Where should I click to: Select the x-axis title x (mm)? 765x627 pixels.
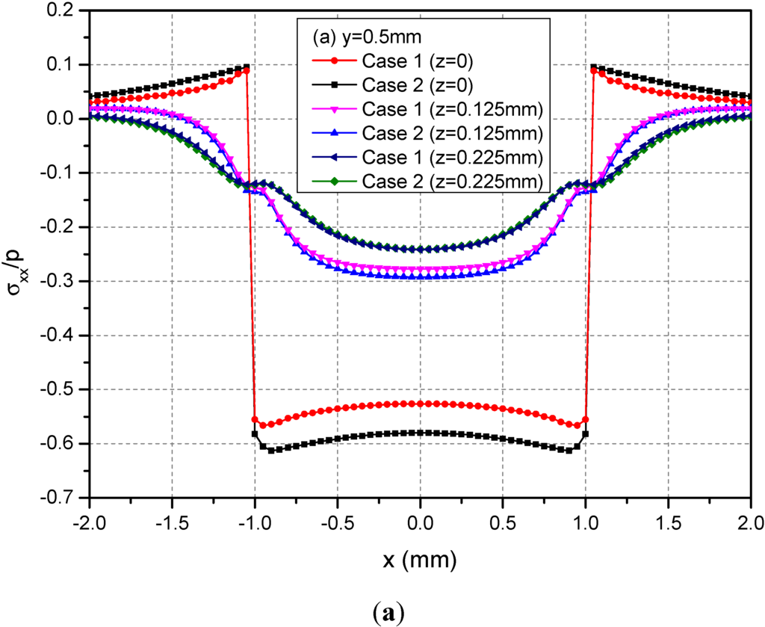tap(420, 557)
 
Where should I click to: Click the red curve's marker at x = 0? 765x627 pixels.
tap(420, 404)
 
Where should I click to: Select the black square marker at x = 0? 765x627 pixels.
tap(420, 433)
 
